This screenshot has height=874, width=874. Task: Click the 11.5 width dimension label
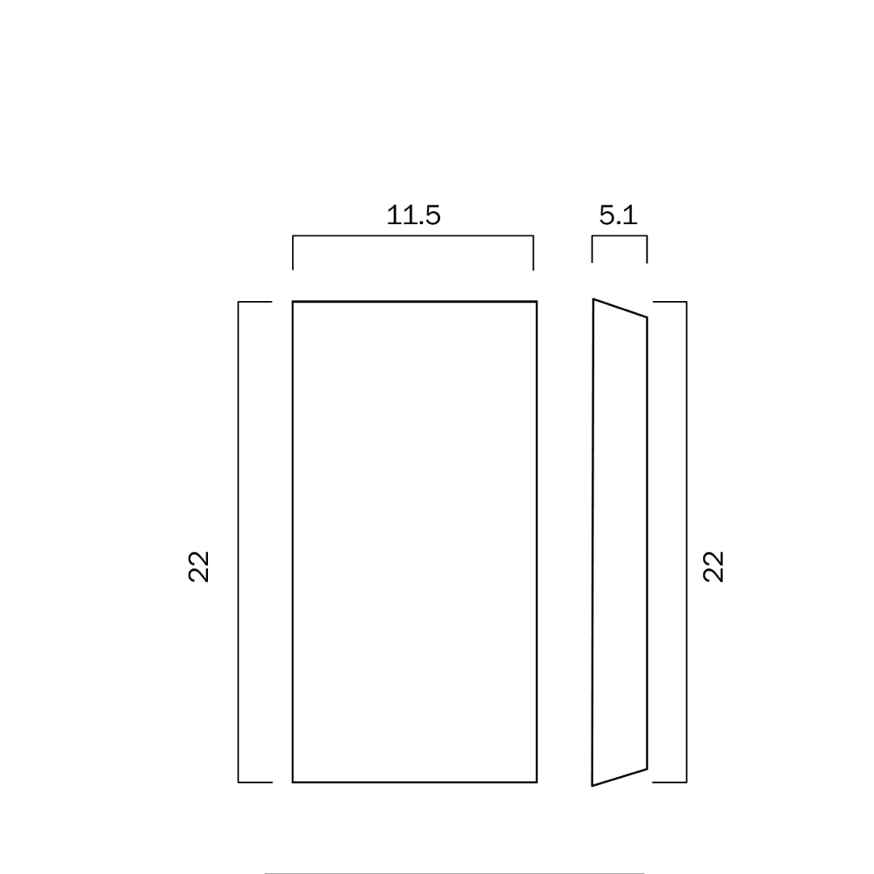click(x=413, y=215)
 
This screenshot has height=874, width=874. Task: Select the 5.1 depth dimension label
click(x=618, y=215)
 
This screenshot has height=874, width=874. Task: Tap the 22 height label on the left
click(x=198, y=566)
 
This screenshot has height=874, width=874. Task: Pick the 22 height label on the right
click(x=713, y=566)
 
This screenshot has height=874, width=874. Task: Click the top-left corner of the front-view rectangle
click(x=293, y=302)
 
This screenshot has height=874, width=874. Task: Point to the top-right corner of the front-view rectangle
click(x=537, y=302)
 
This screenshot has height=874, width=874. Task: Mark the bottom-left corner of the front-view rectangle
click(x=293, y=782)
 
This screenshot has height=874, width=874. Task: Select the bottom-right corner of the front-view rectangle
click(x=537, y=782)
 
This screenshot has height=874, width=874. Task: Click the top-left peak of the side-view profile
click(x=593, y=299)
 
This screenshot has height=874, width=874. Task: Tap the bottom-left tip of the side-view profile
click(x=592, y=786)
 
